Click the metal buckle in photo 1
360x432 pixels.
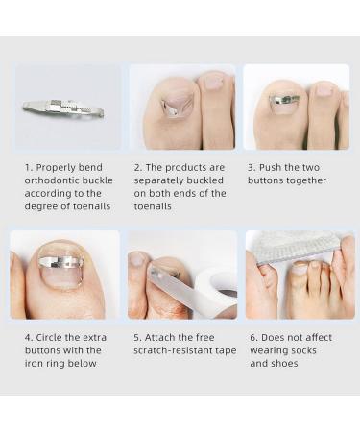(62, 108)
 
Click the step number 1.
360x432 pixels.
(28, 166)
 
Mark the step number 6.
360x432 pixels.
(252, 337)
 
